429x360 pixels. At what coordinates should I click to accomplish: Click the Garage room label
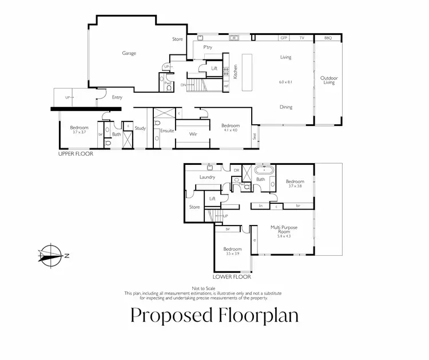129,53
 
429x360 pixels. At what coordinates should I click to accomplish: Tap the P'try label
208,47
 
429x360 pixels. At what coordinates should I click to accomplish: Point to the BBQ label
328,38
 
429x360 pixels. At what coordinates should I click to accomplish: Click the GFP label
283,38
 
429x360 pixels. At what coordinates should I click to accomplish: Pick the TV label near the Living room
301,38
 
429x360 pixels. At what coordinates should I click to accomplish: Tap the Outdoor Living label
328,80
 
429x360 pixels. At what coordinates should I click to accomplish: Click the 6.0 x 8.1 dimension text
285,82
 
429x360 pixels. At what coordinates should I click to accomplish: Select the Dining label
286,107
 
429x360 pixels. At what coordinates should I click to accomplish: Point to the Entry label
117,97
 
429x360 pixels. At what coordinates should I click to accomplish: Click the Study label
140,128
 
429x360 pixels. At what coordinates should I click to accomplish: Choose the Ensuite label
167,130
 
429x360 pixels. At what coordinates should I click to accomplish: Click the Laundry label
207,177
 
